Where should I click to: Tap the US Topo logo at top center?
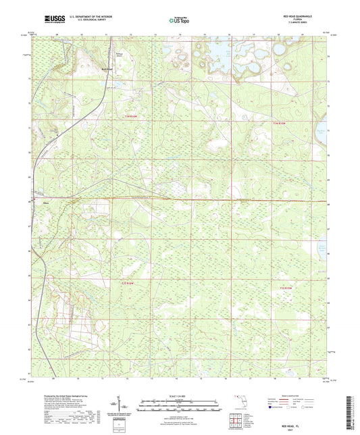click(178, 21)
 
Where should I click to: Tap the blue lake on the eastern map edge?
click(323, 134)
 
